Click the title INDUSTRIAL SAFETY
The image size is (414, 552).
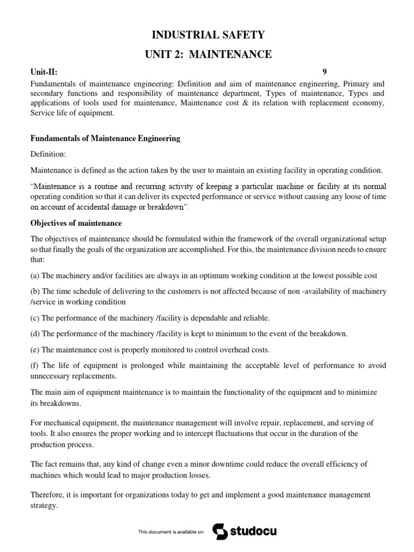tap(208, 35)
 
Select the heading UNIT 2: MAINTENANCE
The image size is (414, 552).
tap(208, 54)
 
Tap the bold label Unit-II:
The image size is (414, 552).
tap(44, 72)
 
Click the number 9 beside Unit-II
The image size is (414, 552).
tap(325, 72)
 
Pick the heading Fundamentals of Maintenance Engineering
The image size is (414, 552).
tap(105, 139)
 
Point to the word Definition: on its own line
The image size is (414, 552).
tap(48, 154)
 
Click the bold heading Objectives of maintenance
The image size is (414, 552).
tap(76, 223)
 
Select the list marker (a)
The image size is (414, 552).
tap(35, 275)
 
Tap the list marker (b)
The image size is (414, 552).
tap(35, 291)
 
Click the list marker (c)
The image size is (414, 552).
tap(35, 318)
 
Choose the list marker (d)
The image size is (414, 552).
tap(35, 334)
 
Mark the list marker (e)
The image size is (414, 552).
tap(35, 349)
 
